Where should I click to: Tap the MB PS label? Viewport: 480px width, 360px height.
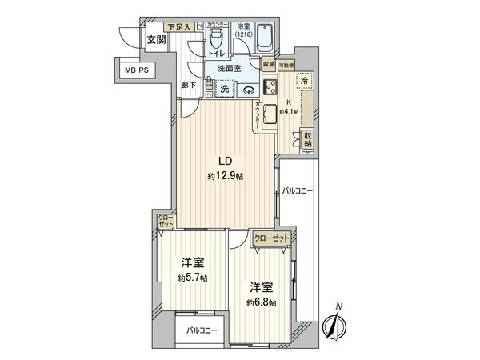coord(137,70)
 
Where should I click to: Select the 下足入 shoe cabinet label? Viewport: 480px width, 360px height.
coord(179,27)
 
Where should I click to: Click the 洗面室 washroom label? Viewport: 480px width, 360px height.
coord(232,70)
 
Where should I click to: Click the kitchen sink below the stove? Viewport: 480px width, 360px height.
coord(270,112)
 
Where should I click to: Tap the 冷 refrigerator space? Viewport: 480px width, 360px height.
coord(305,80)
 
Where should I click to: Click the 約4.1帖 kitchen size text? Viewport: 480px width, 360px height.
coord(290,112)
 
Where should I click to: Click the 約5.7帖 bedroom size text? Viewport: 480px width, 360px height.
coord(193,278)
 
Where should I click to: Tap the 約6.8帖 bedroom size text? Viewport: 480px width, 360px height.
coord(262,302)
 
